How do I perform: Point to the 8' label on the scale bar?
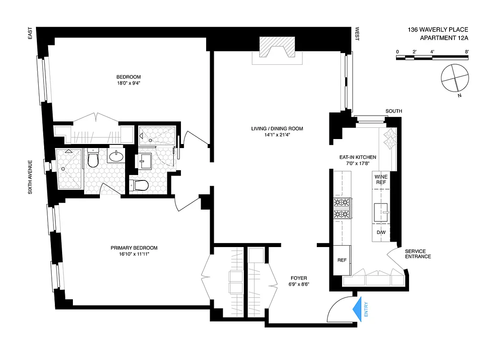[x=467, y=52]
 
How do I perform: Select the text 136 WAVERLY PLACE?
[x=438, y=30]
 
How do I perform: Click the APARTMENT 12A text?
[x=444, y=38]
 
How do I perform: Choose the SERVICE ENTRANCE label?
[x=418, y=254]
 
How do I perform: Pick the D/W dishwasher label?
[x=381, y=232]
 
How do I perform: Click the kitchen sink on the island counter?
[x=381, y=210]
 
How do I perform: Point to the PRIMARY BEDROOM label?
[x=135, y=248]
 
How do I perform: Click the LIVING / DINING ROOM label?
[x=277, y=129]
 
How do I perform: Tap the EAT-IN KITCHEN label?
[x=358, y=157]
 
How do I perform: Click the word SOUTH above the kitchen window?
[x=394, y=111]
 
